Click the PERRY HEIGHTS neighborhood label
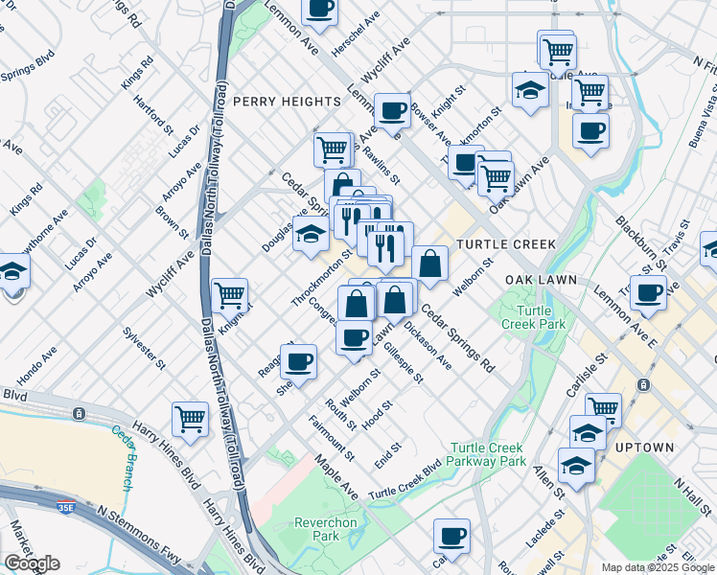tap(287, 101)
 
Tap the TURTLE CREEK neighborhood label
tap(505, 244)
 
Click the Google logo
tap(32, 563)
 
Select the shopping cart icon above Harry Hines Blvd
tap(190, 418)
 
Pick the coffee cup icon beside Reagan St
tap(299, 361)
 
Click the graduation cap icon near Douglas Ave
tap(311, 233)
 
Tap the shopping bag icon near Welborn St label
tap(430, 263)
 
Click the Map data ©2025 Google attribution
tap(658, 567)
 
